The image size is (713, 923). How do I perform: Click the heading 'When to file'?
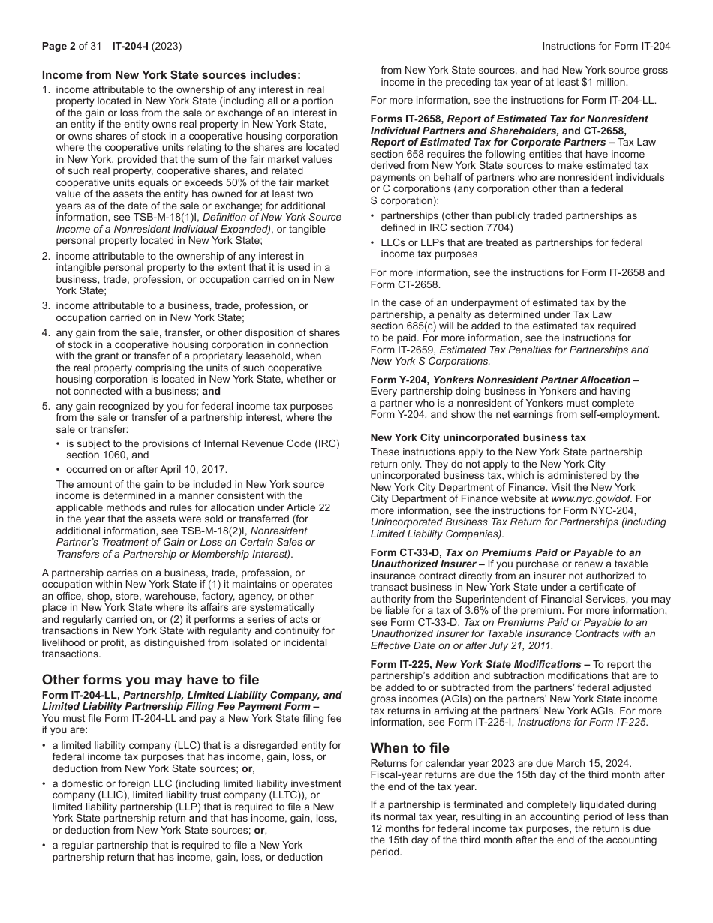pyautogui.click(x=410, y=747)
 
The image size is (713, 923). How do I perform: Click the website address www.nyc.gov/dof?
pyautogui.click(x=591, y=498)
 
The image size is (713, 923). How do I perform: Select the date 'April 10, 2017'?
pyautogui.click(x=188, y=469)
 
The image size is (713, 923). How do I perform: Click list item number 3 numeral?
pyautogui.click(x=46, y=306)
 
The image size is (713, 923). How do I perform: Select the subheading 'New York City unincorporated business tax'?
pyautogui.click(x=478, y=437)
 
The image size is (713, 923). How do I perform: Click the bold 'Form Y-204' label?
pyautogui.click(x=399, y=380)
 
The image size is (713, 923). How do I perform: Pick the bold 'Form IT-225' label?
pyautogui.click(x=401, y=664)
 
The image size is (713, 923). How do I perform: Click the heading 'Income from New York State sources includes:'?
pyautogui.click(x=171, y=74)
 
